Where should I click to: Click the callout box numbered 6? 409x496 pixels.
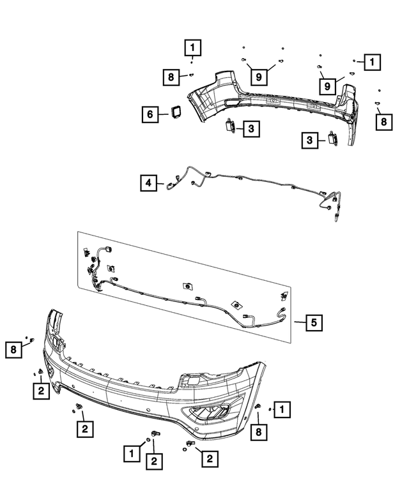[150, 115]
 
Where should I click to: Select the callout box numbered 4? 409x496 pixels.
[148, 184]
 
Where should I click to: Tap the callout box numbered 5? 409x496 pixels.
[313, 323]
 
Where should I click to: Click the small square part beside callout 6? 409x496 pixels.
[174, 112]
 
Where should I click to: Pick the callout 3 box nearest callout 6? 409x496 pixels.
[251, 129]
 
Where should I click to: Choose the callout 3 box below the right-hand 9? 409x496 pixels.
[310, 139]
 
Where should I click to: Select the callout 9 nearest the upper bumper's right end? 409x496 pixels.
[326, 86]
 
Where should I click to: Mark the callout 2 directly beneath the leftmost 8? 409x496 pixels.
[40, 391]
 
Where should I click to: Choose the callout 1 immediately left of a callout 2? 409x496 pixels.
[131, 453]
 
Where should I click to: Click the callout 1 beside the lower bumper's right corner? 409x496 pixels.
[283, 407]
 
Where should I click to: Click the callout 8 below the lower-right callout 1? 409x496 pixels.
[259, 432]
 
